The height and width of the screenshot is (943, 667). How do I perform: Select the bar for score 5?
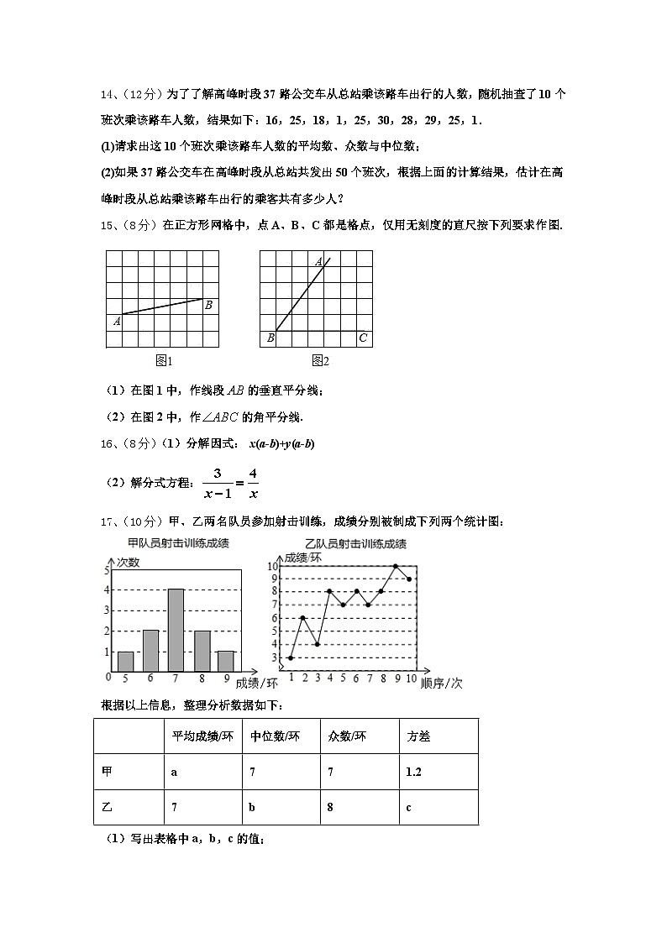(125, 661)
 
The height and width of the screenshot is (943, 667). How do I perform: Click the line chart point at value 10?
(396, 566)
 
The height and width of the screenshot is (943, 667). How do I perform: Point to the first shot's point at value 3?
(291, 657)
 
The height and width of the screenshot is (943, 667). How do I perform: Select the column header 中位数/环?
(274, 736)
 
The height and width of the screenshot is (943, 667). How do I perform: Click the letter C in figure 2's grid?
(363, 338)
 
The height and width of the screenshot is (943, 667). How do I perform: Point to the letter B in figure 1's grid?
(208, 305)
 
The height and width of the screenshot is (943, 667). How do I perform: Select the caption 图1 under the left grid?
(164, 360)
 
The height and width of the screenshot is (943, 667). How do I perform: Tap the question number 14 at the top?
(107, 96)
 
